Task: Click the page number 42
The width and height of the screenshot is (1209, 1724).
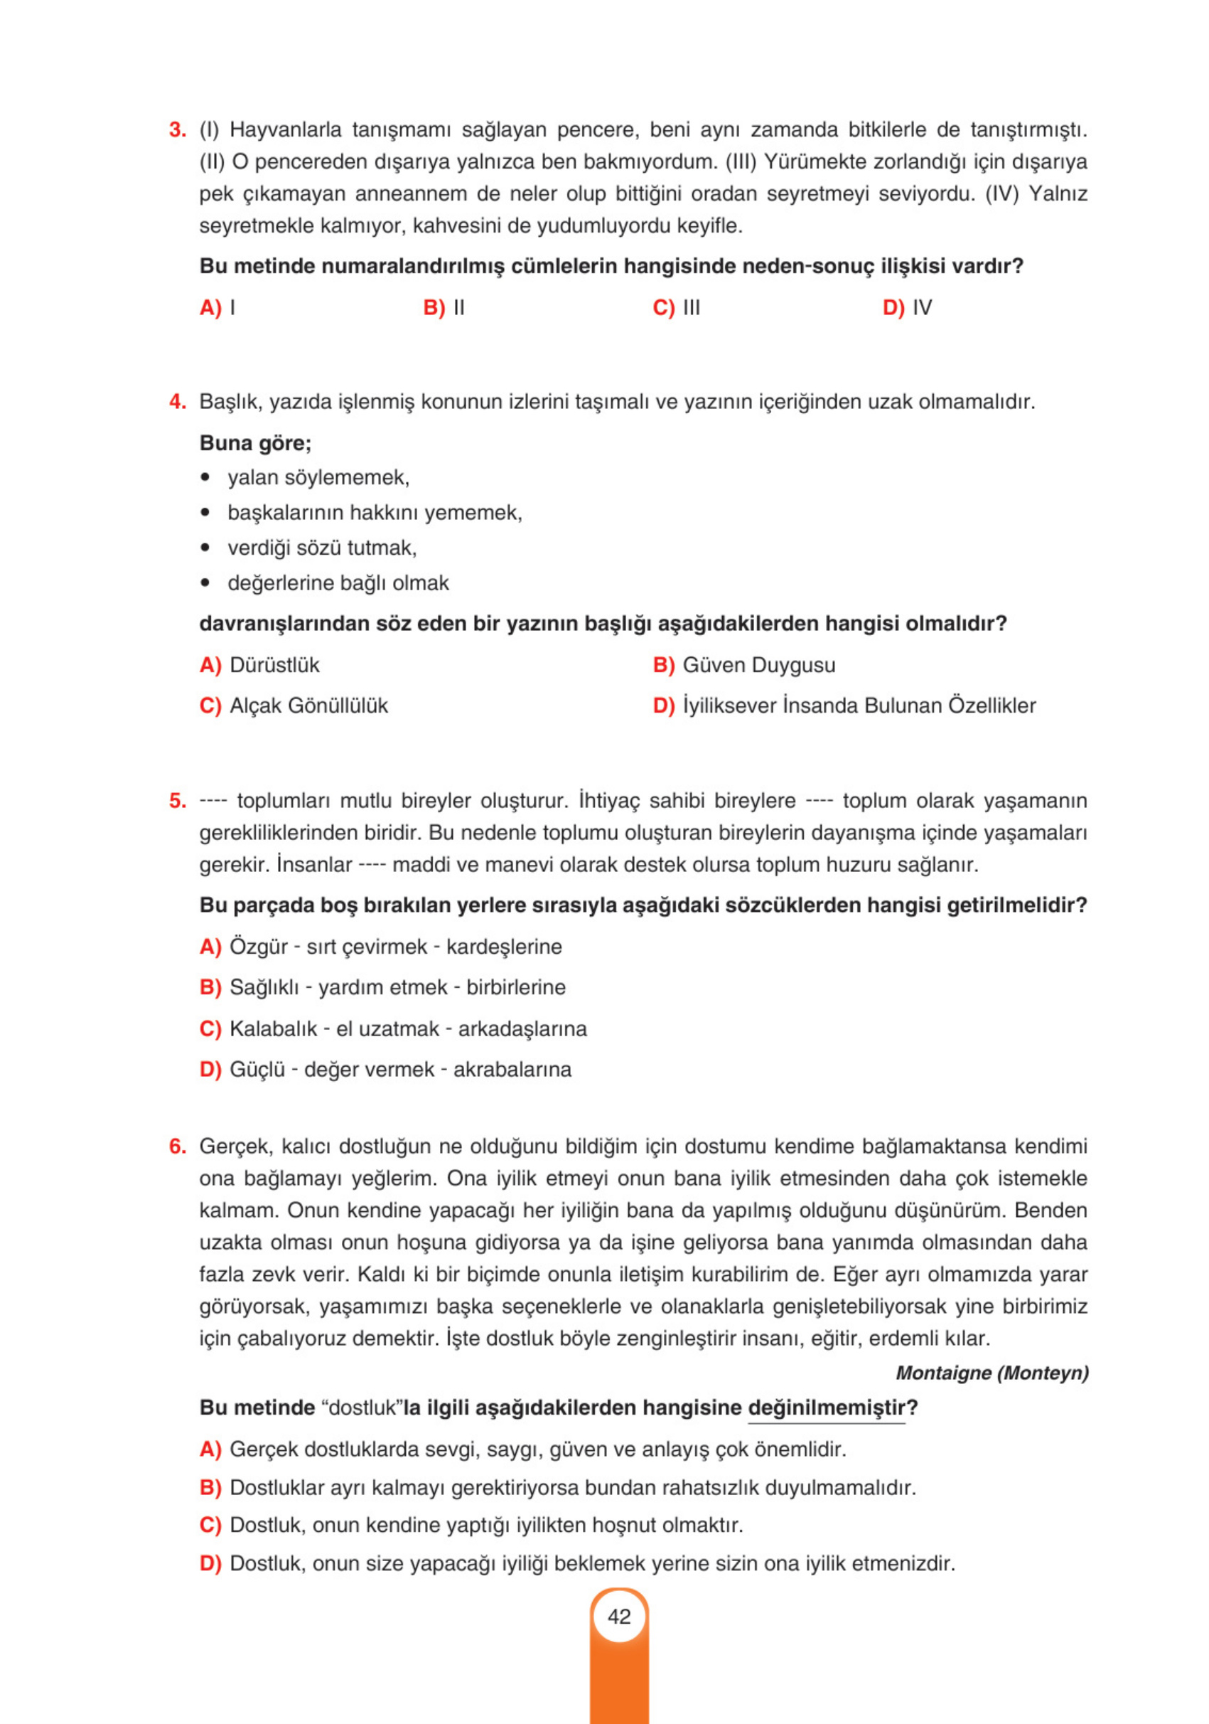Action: (x=618, y=1616)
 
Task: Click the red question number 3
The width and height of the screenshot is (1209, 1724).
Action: (x=177, y=130)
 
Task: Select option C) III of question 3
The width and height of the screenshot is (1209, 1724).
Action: (x=675, y=308)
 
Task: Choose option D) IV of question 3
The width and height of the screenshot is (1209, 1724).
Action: (x=906, y=308)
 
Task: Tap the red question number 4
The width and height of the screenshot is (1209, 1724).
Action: (x=177, y=402)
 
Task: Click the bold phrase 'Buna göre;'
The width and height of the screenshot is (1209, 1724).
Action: (x=255, y=443)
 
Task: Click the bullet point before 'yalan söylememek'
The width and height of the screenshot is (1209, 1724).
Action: (x=205, y=479)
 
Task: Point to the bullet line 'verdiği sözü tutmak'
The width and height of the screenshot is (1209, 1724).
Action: (x=321, y=548)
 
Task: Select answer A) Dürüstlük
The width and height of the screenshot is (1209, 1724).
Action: (x=259, y=665)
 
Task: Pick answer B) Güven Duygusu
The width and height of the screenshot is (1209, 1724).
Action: (x=743, y=665)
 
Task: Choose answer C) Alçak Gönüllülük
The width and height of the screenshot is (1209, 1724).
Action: (x=294, y=706)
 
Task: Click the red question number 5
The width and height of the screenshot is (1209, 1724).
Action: (x=177, y=800)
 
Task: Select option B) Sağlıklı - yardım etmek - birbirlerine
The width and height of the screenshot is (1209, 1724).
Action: (x=382, y=987)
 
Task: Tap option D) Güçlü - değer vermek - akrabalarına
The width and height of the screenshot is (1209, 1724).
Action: (x=385, y=1069)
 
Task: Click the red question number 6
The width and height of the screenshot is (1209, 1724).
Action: (x=177, y=1146)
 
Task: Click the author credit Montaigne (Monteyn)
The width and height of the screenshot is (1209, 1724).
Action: (x=992, y=1373)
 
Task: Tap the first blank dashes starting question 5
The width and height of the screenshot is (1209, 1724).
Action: (x=213, y=801)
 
